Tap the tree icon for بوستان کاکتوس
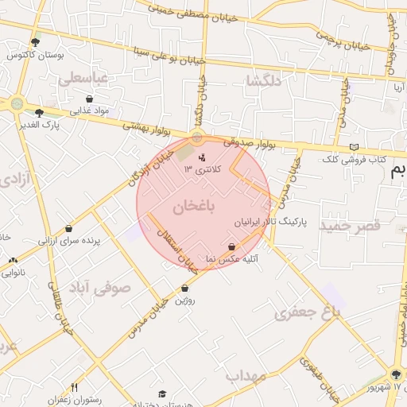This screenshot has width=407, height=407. coord(35,43)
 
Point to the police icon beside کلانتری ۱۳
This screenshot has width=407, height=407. coord(201,157)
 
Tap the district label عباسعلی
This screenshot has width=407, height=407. coord(83,79)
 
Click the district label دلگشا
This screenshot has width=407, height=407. coord(265,81)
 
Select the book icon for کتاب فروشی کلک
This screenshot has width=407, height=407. coord(355,147)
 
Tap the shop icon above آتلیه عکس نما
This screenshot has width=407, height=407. coord(231,246)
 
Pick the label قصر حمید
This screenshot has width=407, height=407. coord(351,227)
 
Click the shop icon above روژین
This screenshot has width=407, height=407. coord(185,289)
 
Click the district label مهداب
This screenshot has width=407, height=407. coord(244,374)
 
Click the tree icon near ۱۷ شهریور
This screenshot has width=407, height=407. coord(397,374)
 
